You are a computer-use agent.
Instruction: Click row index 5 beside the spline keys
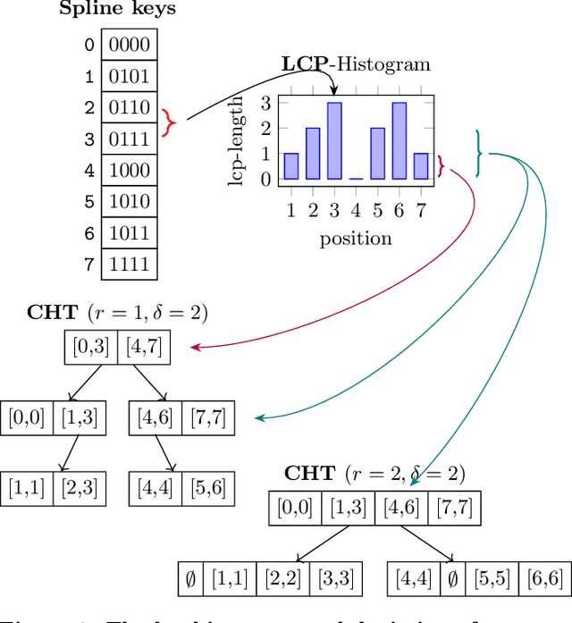tap(88, 202)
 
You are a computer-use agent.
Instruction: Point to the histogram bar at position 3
tap(334, 141)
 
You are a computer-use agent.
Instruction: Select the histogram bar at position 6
tap(399, 141)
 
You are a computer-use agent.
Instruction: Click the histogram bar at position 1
tap(291, 166)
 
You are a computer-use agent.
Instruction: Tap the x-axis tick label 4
tap(356, 211)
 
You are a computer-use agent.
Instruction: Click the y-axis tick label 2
tap(265, 128)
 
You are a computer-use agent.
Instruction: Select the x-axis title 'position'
tap(356, 238)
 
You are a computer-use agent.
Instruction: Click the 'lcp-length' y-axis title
tap(237, 141)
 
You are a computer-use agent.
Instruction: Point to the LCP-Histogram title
tap(356, 63)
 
